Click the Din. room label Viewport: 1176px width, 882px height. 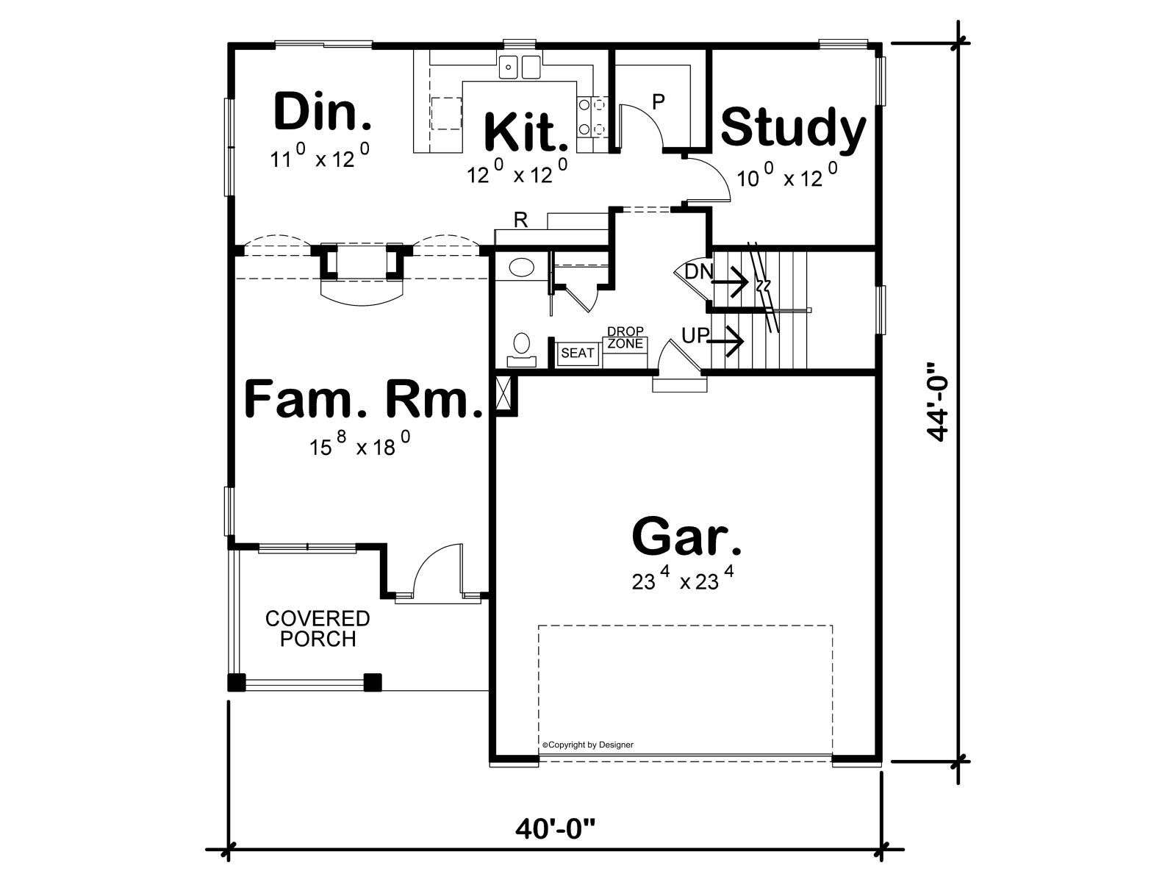pyautogui.click(x=323, y=112)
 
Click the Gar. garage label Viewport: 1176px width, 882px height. pyautogui.click(x=686, y=537)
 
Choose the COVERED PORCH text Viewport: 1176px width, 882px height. pyautogui.click(x=318, y=628)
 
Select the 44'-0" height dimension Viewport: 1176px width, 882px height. pyautogui.click(x=938, y=402)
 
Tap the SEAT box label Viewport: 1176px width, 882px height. pyautogui.click(x=577, y=353)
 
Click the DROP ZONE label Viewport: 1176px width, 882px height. pyautogui.click(x=625, y=337)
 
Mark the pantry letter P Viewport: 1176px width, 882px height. pyautogui.click(x=659, y=101)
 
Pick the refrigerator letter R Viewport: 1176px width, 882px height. pyautogui.click(x=520, y=220)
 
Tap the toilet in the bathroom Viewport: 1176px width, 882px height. pyautogui.click(x=521, y=350)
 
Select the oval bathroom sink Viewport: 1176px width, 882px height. pyautogui.click(x=521, y=267)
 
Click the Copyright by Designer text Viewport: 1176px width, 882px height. pyautogui.click(x=588, y=745)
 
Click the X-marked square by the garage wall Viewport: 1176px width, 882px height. pyautogui.click(x=505, y=394)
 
